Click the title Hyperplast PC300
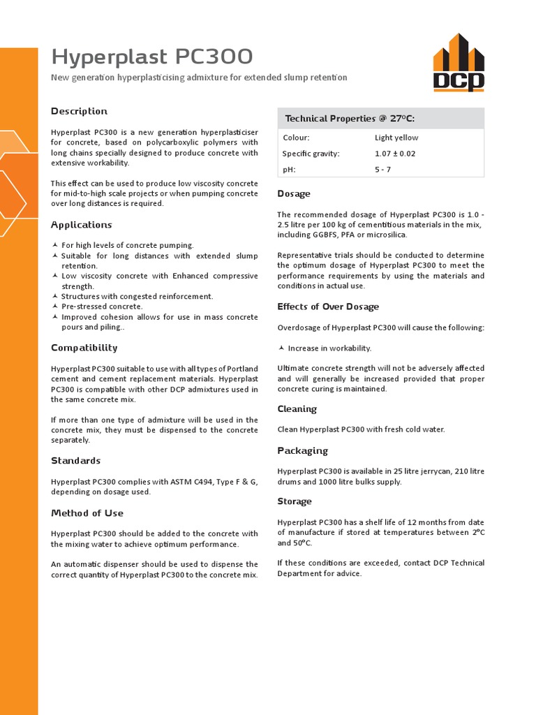(153, 57)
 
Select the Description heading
(79, 111)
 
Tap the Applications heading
(81, 225)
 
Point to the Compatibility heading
(84, 348)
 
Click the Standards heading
(75, 461)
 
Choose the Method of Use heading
(87, 513)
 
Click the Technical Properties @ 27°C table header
(350, 119)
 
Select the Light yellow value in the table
(396, 138)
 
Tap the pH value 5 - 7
(383, 170)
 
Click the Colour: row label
(296, 138)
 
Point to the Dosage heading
(294, 194)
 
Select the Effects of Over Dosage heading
(328, 307)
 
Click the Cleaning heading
(297, 409)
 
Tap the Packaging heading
(302, 451)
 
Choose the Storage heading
(295, 501)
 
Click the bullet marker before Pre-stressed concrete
(55, 307)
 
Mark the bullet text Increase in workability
(329, 348)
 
